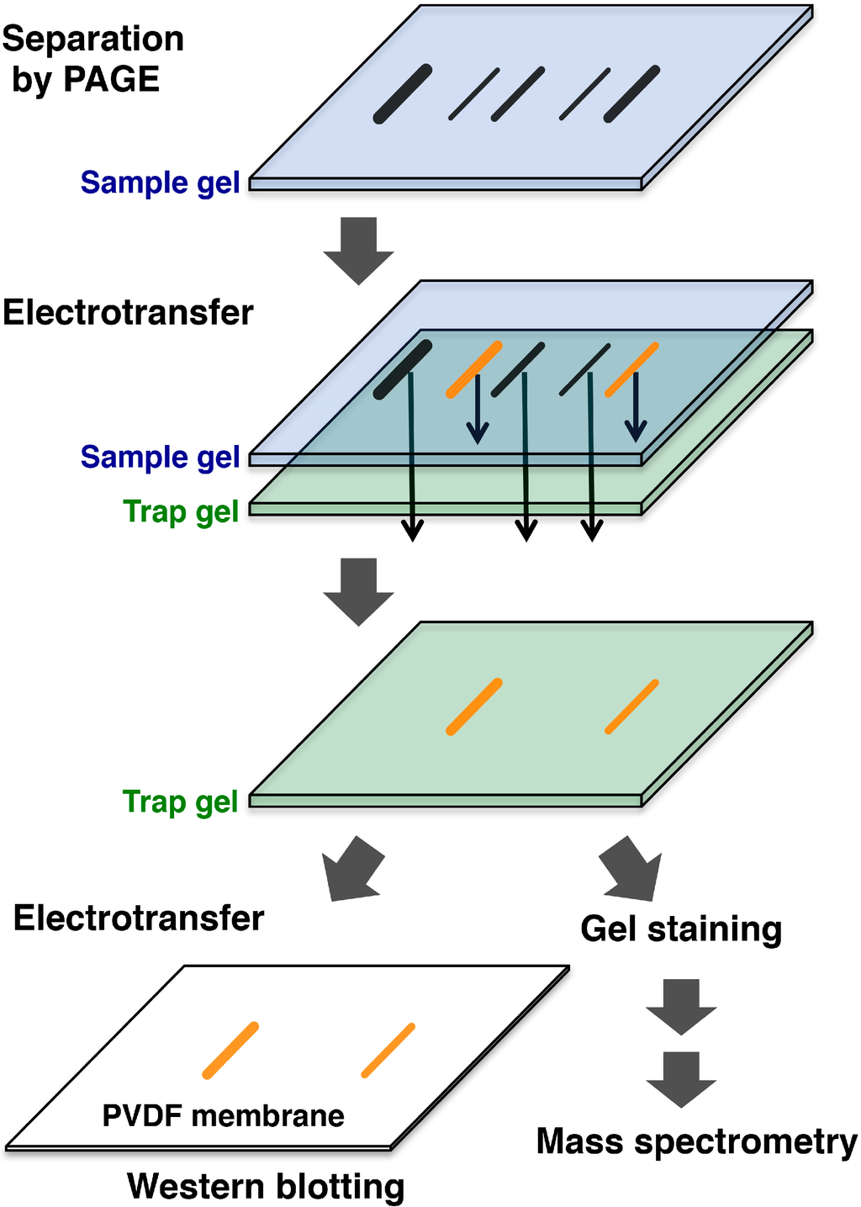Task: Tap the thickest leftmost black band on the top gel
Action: coord(403,94)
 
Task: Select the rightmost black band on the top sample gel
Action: coord(631,94)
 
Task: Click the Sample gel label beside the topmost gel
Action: coord(160,183)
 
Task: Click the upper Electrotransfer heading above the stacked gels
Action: coord(128,313)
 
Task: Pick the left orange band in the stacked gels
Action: coord(474,369)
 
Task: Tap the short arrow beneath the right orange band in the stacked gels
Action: coord(636,408)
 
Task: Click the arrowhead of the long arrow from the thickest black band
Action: coord(412,531)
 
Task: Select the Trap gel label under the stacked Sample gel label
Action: coord(181,511)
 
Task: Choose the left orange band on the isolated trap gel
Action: coord(474,707)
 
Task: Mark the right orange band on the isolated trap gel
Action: coord(631,707)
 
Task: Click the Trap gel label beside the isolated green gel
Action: coord(181,802)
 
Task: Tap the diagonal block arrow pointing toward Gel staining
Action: coord(632,869)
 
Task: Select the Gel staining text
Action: coord(681,929)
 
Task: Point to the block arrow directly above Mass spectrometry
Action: coord(681,1078)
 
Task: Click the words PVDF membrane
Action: coord(223,1116)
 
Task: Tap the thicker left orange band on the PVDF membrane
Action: coord(230,1051)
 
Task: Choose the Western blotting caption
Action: coord(266,1187)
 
